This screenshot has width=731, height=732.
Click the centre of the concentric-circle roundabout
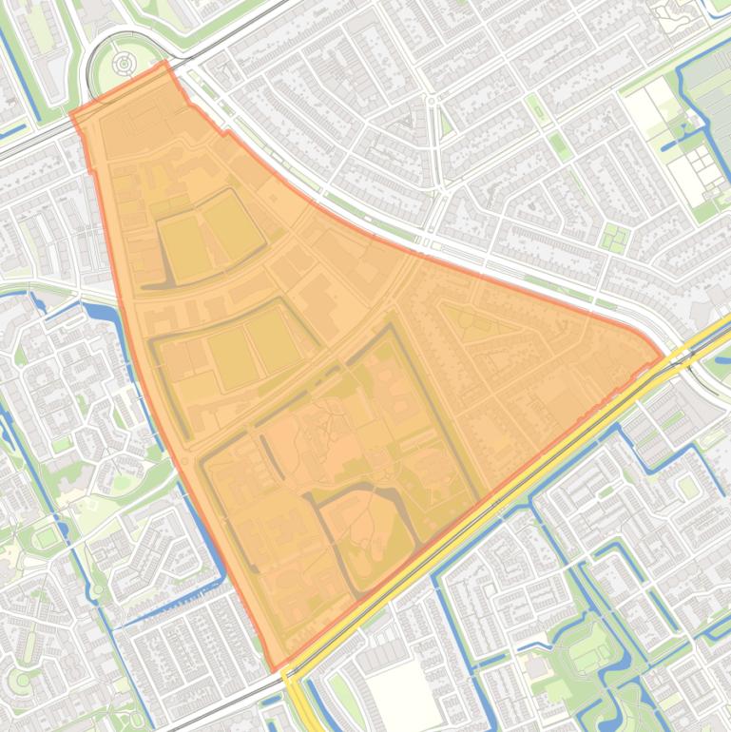[x=124, y=63]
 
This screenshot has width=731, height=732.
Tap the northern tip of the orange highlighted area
[x=165, y=63]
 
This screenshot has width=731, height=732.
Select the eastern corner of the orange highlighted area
[x=663, y=358]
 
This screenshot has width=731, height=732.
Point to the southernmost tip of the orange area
[x=275, y=669]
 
